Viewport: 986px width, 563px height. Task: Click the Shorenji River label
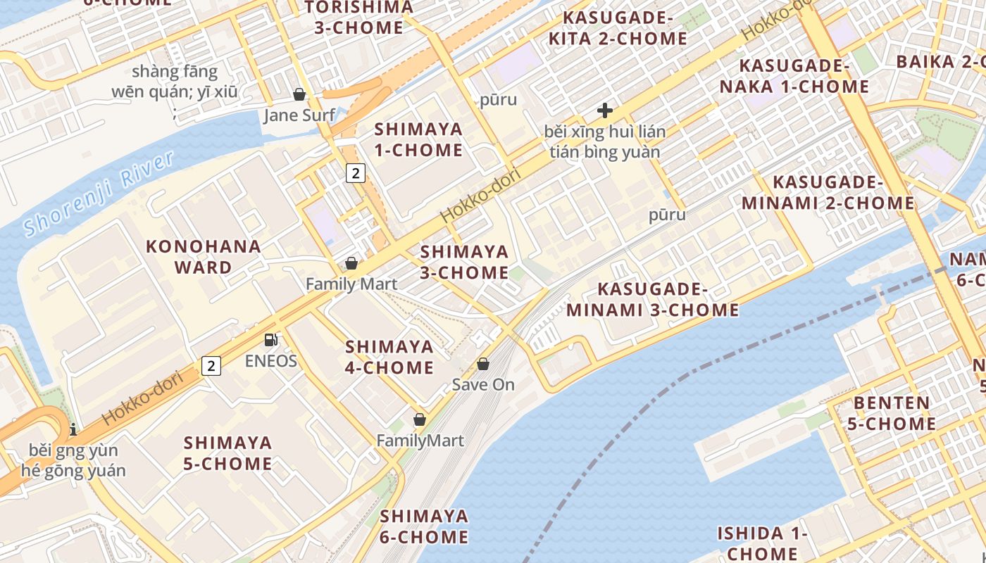[99, 194]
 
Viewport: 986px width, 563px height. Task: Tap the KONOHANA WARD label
[204, 257]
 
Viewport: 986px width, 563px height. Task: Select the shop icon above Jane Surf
[299, 94]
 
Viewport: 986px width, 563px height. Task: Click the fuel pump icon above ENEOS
[270, 341]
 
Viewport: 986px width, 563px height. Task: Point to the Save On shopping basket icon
[483, 364]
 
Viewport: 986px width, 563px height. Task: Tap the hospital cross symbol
[604, 110]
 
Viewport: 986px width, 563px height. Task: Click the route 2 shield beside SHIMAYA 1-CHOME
[356, 172]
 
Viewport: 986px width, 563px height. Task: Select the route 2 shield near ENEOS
[211, 365]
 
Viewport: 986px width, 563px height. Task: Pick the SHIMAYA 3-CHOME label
[464, 262]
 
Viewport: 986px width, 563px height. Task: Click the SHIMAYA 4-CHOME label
[389, 357]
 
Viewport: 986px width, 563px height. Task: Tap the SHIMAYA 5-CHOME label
[228, 453]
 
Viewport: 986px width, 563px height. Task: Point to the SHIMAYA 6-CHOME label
[424, 526]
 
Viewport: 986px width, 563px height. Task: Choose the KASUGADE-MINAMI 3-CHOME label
[653, 300]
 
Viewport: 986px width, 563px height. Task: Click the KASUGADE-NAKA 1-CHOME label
[794, 77]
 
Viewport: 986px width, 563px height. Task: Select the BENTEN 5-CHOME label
[892, 413]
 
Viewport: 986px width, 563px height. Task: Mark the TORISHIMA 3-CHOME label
[359, 18]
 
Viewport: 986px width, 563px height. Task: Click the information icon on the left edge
[73, 429]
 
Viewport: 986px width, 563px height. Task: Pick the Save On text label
[483, 385]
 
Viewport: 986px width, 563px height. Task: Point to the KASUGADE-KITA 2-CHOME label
[618, 28]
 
